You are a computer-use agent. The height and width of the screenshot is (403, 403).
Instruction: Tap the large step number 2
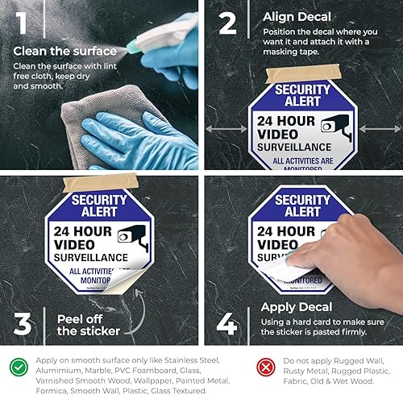pos(228,23)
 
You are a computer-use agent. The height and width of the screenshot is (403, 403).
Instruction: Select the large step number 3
pos(23,322)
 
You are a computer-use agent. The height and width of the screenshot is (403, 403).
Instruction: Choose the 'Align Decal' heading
pos(290,16)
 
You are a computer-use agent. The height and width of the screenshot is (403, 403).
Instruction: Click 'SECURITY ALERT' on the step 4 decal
pos(302,206)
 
